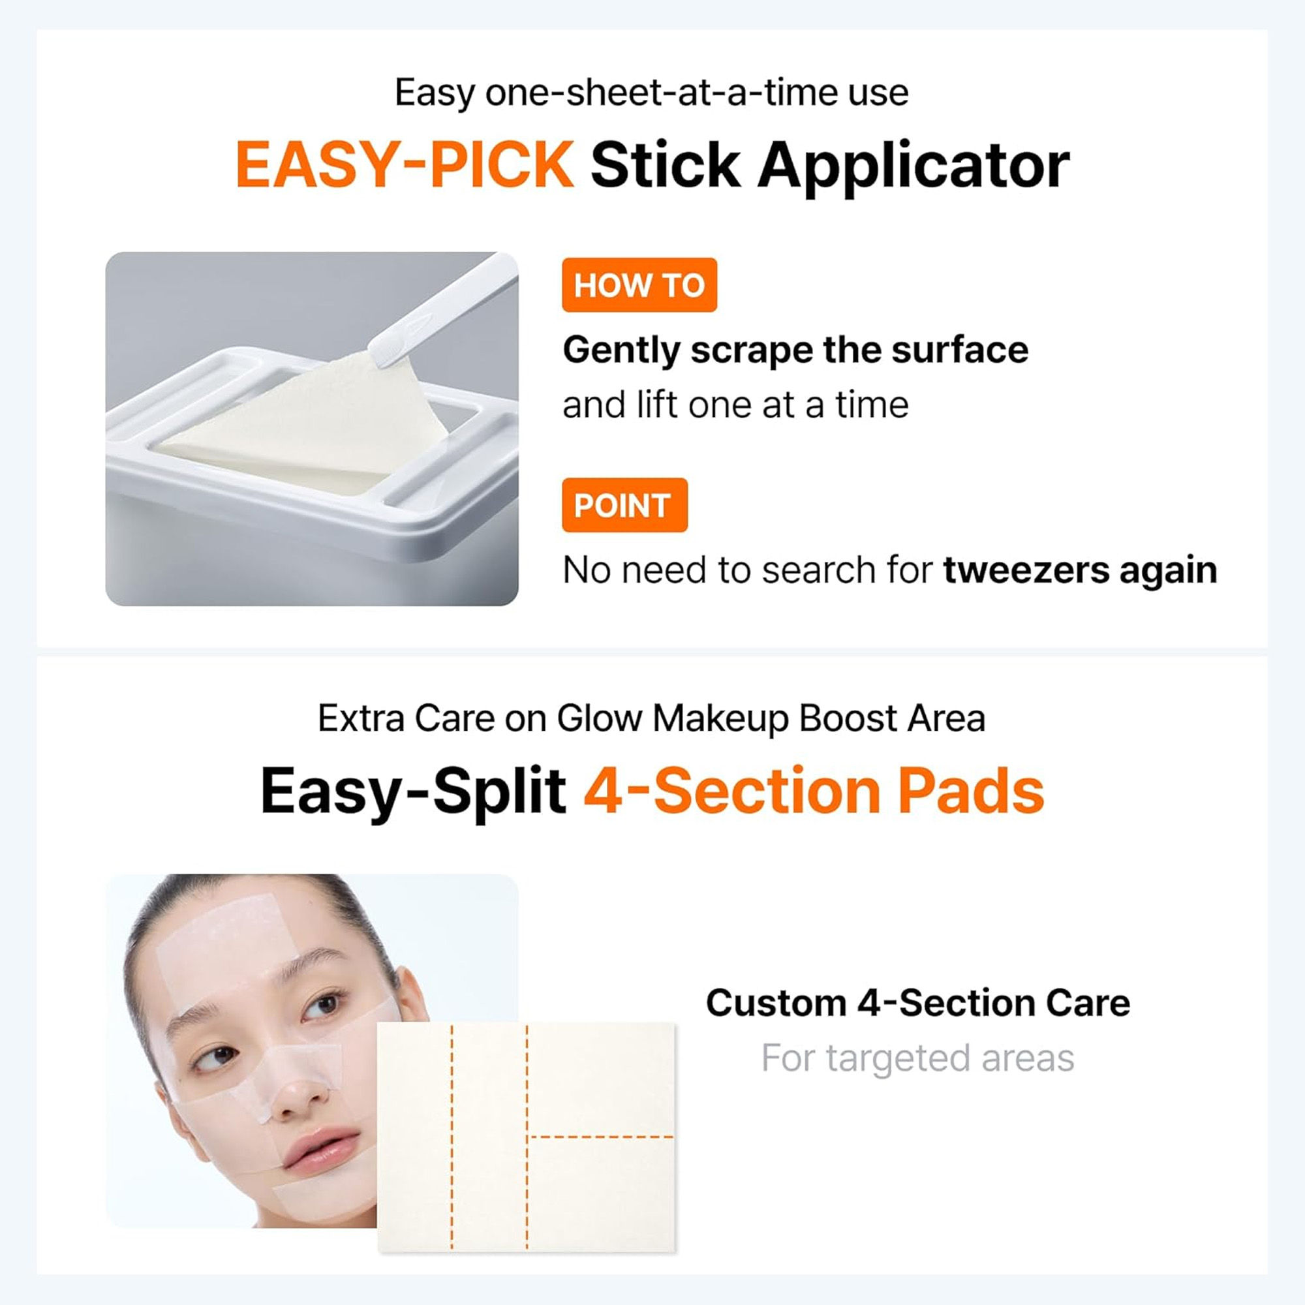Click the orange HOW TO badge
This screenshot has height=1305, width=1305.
(638, 285)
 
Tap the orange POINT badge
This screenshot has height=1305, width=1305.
(624, 505)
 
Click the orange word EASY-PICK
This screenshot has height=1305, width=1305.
(405, 166)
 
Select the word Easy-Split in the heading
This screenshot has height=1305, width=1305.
(413, 791)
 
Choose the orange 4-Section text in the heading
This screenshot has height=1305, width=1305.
(732, 791)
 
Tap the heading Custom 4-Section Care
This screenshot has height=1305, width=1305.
(917, 1002)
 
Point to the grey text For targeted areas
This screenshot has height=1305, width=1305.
(917, 1058)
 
